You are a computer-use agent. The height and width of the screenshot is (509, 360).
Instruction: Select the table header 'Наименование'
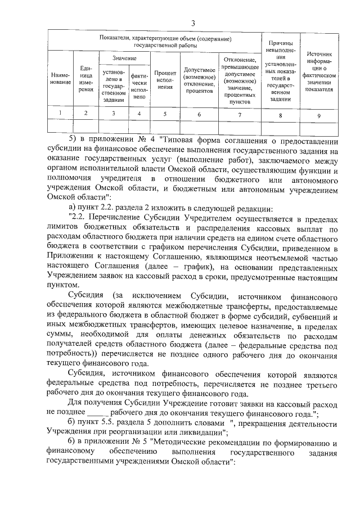[x=60, y=78]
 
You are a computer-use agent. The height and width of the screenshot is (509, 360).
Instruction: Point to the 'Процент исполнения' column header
[x=165, y=80]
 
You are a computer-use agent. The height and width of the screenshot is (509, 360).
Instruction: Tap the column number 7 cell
[x=240, y=114]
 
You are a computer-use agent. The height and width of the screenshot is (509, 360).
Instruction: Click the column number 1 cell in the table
[x=60, y=114]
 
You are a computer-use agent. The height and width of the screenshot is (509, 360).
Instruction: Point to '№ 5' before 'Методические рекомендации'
[x=151, y=443]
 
